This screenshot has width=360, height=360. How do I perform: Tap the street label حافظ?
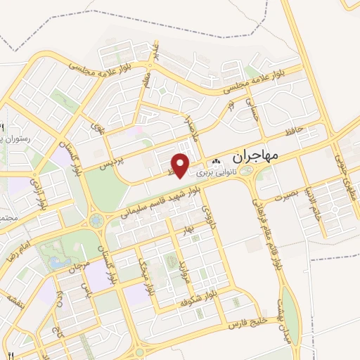click(295, 131)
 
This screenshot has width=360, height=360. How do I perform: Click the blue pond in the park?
click(55, 262)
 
